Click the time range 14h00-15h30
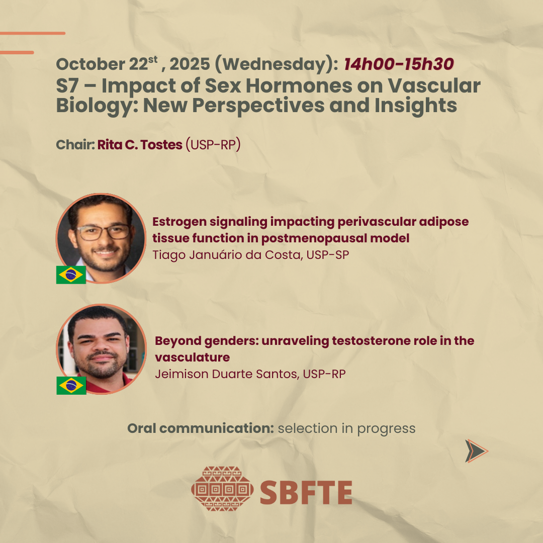pyautogui.click(x=399, y=64)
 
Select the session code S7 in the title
pyautogui.click(x=67, y=85)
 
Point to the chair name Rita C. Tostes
pyautogui.click(x=140, y=145)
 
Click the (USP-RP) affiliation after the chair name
pyautogui.click(x=213, y=145)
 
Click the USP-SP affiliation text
pyautogui.click(x=328, y=255)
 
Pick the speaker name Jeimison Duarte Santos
pyautogui.click(x=227, y=374)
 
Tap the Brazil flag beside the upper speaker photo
pyautogui.click(x=71, y=275)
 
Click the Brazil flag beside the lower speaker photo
pyautogui.click(x=71, y=386)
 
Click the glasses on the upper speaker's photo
pyautogui.click(x=103, y=232)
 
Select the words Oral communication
pyautogui.click(x=201, y=429)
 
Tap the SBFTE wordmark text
pyautogui.click(x=306, y=492)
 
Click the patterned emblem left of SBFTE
pyautogui.click(x=222, y=489)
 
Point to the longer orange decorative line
pyautogui.click(x=33, y=33)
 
